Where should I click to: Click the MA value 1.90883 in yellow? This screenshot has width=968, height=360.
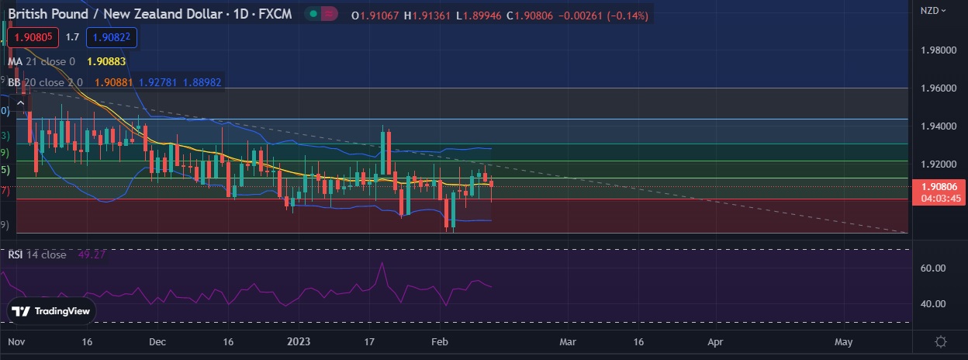pos(107,61)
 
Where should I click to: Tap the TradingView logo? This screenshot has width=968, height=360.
pos(52,311)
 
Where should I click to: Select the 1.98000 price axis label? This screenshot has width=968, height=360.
pos(937,50)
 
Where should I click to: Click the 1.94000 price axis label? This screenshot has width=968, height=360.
pos(937,126)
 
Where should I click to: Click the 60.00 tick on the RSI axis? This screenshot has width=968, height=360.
pos(932,268)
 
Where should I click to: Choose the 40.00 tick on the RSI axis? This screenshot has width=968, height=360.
pos(932,304)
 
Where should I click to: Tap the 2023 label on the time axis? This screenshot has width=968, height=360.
pos(298,341)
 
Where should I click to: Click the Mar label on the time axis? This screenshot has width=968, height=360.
pos(568,341)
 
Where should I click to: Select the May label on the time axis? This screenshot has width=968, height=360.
pos(843,341)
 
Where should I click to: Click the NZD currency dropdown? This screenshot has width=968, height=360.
pos(933,10)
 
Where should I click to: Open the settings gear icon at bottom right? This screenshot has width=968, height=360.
pos(941,341)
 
